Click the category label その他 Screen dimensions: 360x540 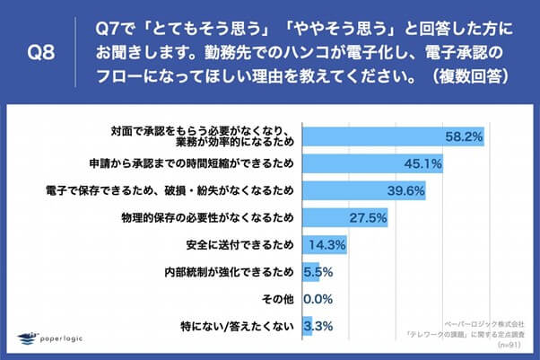tap(278, 299)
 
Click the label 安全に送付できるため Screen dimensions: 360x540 tap(238, 245)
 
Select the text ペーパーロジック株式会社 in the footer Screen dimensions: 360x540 tap(483, 320)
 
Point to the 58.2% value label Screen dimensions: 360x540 tap(465, 137)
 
